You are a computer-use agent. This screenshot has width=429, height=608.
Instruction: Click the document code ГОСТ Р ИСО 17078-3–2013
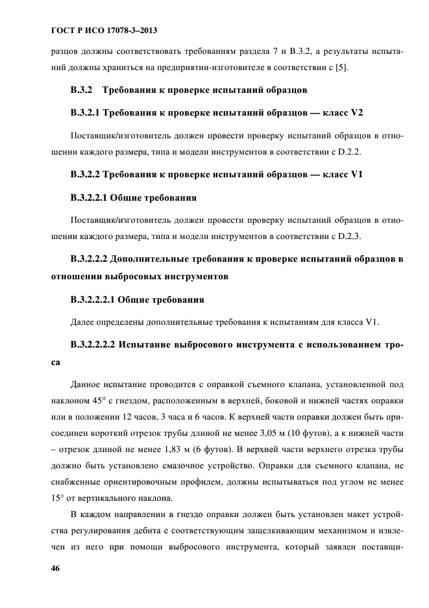[x=104, y=31]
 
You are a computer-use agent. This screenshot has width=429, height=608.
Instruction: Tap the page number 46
[x=56, y=568]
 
